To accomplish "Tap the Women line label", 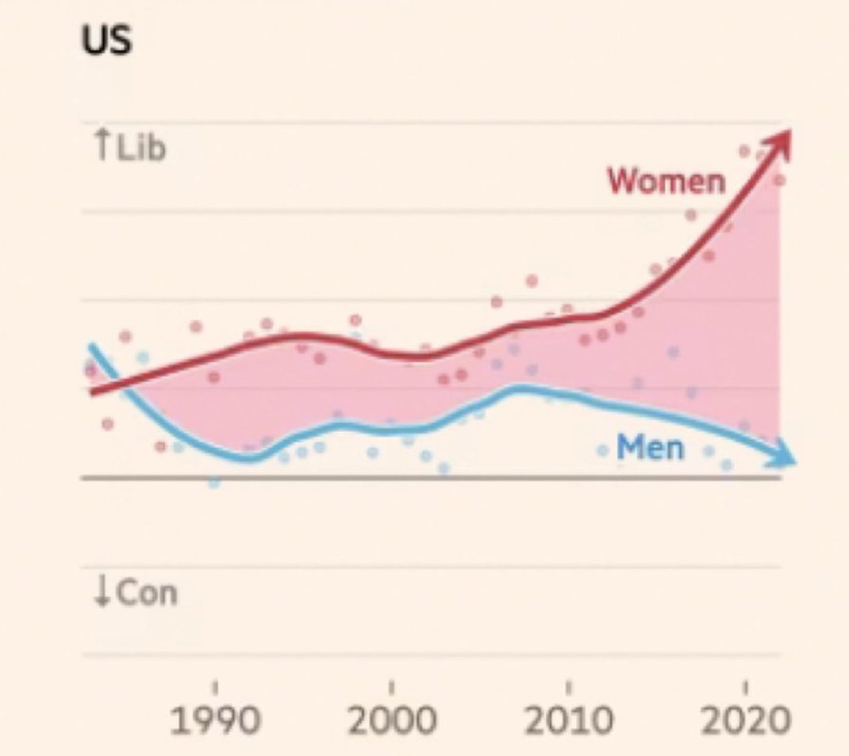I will click(x=666, y=181).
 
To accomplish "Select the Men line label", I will click(x=650, y=448).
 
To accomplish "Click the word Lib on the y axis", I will click(x=141, y=148).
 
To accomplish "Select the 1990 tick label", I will click(x=213, y=722).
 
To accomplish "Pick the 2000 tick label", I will click(x=390, y=722).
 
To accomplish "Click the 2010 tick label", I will click(x=567, y=722).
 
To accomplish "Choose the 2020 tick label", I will click(x=744, y=722).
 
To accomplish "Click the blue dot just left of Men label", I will click(x=603, y=450).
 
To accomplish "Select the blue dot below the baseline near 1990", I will click(x=213, y=481).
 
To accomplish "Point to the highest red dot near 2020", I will click(x=744, y=151).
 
